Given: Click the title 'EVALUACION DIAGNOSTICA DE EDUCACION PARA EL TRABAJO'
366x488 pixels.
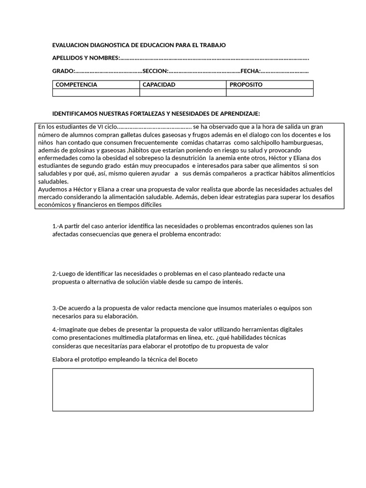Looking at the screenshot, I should [x=139, y=45].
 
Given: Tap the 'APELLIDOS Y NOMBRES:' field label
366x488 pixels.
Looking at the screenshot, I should [x=86, y=58].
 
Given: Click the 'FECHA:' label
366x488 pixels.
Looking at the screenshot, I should [x=250, y=71].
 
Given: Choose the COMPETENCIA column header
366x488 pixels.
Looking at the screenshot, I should [x=76, y=85].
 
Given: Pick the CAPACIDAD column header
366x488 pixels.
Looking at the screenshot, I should [x=159, y=85].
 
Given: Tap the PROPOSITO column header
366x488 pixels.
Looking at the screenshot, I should [x=246, y=85].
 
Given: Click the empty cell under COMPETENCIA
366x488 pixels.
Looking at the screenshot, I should [x=96, y=93].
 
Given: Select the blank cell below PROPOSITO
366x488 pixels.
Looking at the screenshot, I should [x=270, y=93].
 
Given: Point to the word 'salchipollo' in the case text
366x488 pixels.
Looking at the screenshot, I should [x=267, y=142].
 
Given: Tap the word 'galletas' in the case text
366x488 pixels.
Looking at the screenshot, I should [x=122, y=135].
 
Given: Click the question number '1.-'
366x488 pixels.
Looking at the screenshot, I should [x=56, y=226].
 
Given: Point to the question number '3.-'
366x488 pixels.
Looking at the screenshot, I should [x=56, y=308].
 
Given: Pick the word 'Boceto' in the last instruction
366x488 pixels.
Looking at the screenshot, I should [x=187, y=359].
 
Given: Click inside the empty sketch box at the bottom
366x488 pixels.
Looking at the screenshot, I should [x=183, y=389].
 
